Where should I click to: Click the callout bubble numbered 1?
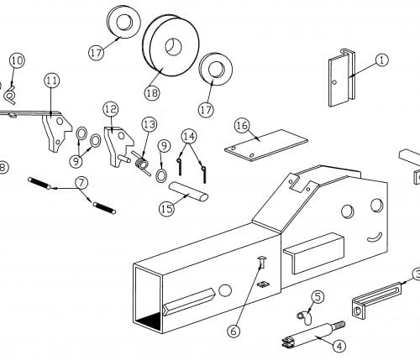tap(381, 60)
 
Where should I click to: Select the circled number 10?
tap(17, 60)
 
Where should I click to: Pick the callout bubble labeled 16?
tap(243, 125)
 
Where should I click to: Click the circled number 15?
tap(167, 208)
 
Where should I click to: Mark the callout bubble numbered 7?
tap(81, 182)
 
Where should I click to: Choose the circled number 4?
tap(339, 345)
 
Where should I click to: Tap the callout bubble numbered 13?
tap(148, 124)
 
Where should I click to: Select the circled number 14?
tap(188, 136)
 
